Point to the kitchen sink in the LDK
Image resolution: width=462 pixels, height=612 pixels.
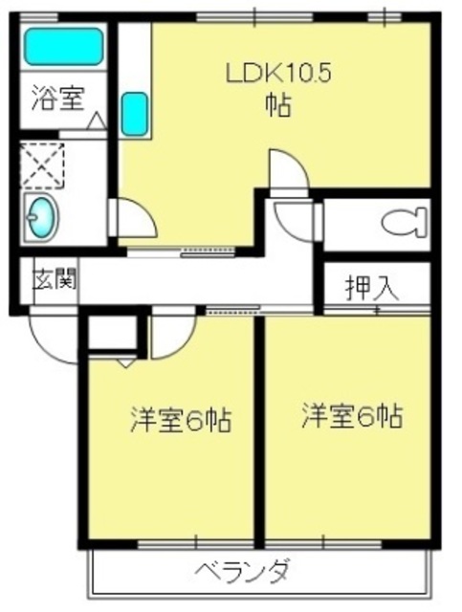[135, 112]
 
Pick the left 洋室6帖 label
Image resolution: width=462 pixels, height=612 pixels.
[181, 420]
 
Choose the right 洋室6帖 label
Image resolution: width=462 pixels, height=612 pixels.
[352, 416]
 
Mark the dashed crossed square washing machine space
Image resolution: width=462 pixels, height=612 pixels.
[42, 165]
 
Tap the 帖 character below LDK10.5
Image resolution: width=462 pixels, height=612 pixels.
[277, 103]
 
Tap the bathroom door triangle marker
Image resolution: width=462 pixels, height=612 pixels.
[96, 121]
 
